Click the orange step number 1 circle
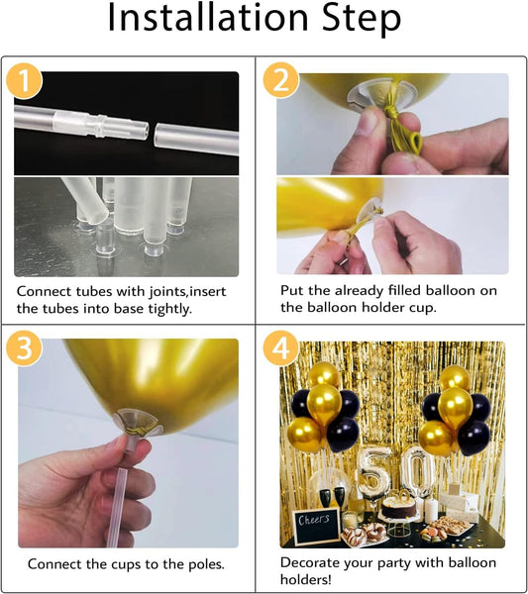click(x=24, y=81)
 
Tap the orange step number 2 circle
click(x=281, y=80)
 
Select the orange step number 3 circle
click(x=24, y=347)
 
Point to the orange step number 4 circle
click(x=281, y=347)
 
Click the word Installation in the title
click(x=208, y=18)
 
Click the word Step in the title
click(x=362, y=19)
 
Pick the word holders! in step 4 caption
click(x=305, y=579)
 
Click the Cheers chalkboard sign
click(x=315, y=526)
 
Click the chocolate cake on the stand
click(x=398, y=508)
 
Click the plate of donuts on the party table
click(x=364, y=534)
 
